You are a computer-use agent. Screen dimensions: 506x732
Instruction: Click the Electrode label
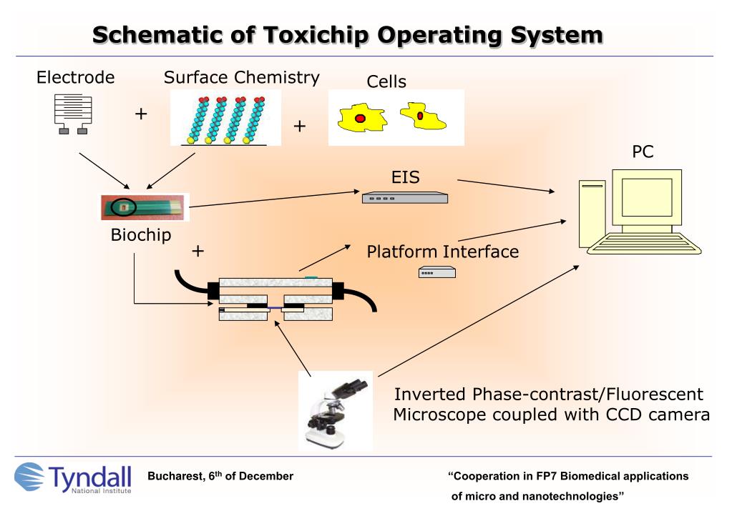point(75,78)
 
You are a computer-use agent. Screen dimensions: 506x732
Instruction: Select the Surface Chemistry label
point(241,77)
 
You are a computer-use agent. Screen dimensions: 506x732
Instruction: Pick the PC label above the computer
point(643,152)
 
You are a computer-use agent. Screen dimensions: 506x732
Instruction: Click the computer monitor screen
point(646,197)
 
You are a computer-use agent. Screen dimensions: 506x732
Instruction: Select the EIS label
point(405,176)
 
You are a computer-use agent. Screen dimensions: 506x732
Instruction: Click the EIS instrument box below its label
point(404,198)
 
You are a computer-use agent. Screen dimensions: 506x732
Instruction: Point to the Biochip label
point(141,235)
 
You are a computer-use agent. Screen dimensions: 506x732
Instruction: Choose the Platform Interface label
point(442,252)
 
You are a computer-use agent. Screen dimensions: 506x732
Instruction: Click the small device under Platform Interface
point(436,272)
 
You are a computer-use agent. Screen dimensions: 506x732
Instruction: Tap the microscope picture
point(336,410)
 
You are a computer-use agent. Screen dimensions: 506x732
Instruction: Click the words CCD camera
point(645,415)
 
